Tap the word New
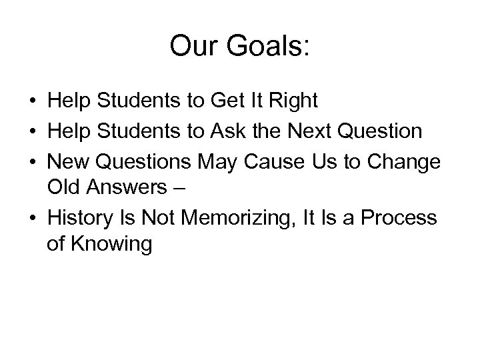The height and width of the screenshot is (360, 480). click(x=67, y=161)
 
